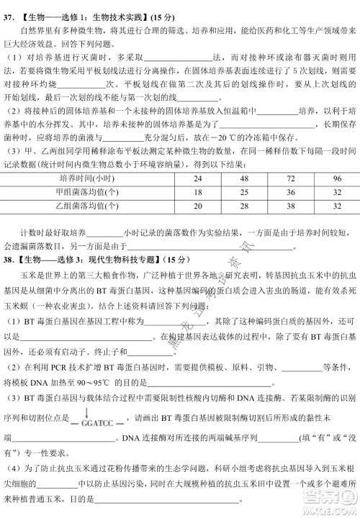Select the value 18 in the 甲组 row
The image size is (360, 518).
pyautogui.click(x=197, y=193)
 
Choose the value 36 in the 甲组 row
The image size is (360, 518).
pyautogui.click(x=290, y=193)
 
